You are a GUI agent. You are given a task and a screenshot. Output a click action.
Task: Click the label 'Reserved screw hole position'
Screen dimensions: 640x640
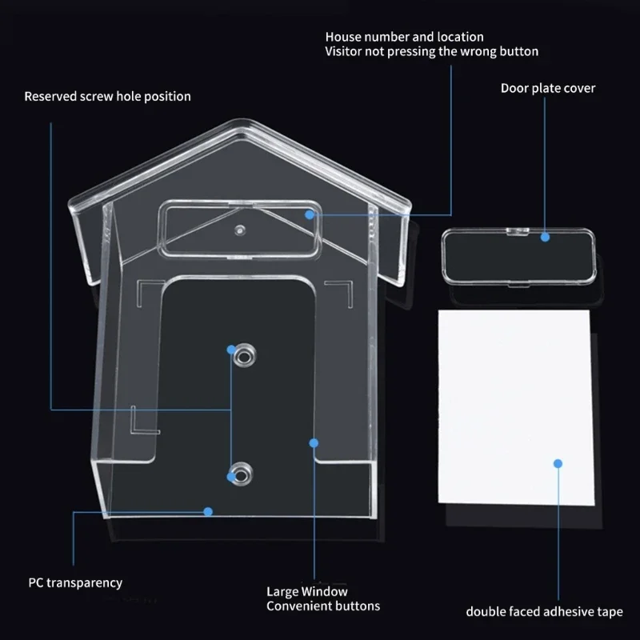(107, 97)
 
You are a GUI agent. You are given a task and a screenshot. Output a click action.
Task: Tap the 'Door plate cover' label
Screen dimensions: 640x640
(548, 88)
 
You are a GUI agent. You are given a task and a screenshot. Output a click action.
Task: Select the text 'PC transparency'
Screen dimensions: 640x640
(75, 582)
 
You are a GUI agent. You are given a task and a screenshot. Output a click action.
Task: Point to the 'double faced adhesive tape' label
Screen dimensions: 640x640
(544, 612)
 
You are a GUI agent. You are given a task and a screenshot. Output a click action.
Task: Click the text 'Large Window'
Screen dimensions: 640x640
(307, 592)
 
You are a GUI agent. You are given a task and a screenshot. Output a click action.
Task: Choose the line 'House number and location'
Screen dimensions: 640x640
(404, 37)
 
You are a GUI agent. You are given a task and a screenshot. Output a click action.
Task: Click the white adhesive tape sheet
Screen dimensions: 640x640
(516, 408)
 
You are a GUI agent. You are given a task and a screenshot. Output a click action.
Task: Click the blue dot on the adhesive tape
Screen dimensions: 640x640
(558, 463)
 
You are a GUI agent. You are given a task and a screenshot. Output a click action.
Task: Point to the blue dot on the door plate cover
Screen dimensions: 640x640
(545, 236)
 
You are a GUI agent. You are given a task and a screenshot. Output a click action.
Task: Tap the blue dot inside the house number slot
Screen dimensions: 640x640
(310, 214)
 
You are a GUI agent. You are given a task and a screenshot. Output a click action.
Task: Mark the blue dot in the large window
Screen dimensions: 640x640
(314, 442)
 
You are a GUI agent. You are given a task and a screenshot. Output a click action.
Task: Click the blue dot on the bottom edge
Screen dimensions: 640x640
(208, 510)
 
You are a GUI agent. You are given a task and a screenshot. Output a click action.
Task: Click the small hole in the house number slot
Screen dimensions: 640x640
(238, 230)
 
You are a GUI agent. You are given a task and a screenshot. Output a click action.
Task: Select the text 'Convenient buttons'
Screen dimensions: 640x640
(323, 606)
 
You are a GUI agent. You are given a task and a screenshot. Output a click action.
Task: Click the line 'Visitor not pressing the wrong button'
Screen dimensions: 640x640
(431, 51)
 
